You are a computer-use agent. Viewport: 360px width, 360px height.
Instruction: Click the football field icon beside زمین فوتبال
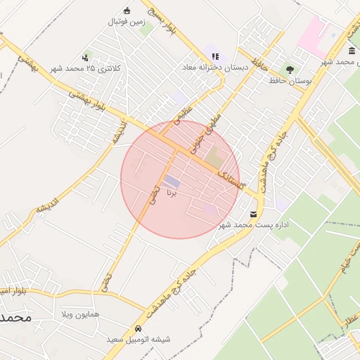pyautogui.click(x=127, y=10)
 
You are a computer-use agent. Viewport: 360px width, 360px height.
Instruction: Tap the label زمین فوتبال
pyautogui.click(x=126, y=22)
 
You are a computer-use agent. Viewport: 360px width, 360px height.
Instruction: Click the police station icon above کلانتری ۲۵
pyautogui.click(x=86, y=57)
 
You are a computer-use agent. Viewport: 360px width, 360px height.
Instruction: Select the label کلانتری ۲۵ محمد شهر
pyautogui.click(x=86, y=68)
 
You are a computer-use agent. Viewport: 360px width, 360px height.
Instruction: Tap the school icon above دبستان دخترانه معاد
pyautogui.click(x=215, y=56)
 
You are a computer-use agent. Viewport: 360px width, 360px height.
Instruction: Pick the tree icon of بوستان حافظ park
pyautogui.click(x=289, y=70)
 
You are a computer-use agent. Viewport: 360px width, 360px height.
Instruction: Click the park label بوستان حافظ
pyautogui.click(x=289, y=81)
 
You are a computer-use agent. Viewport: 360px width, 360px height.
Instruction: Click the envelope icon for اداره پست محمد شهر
pyautogui.click(x=253, y=213)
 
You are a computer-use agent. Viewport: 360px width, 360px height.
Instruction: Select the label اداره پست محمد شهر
pyautogui.click(x=254, y=225)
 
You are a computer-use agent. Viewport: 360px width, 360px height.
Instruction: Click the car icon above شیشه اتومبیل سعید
pyautogui.click(x=139, y=328)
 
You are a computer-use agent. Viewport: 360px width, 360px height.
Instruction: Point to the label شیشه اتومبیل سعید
pyautogui.click(x=139, y=340)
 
